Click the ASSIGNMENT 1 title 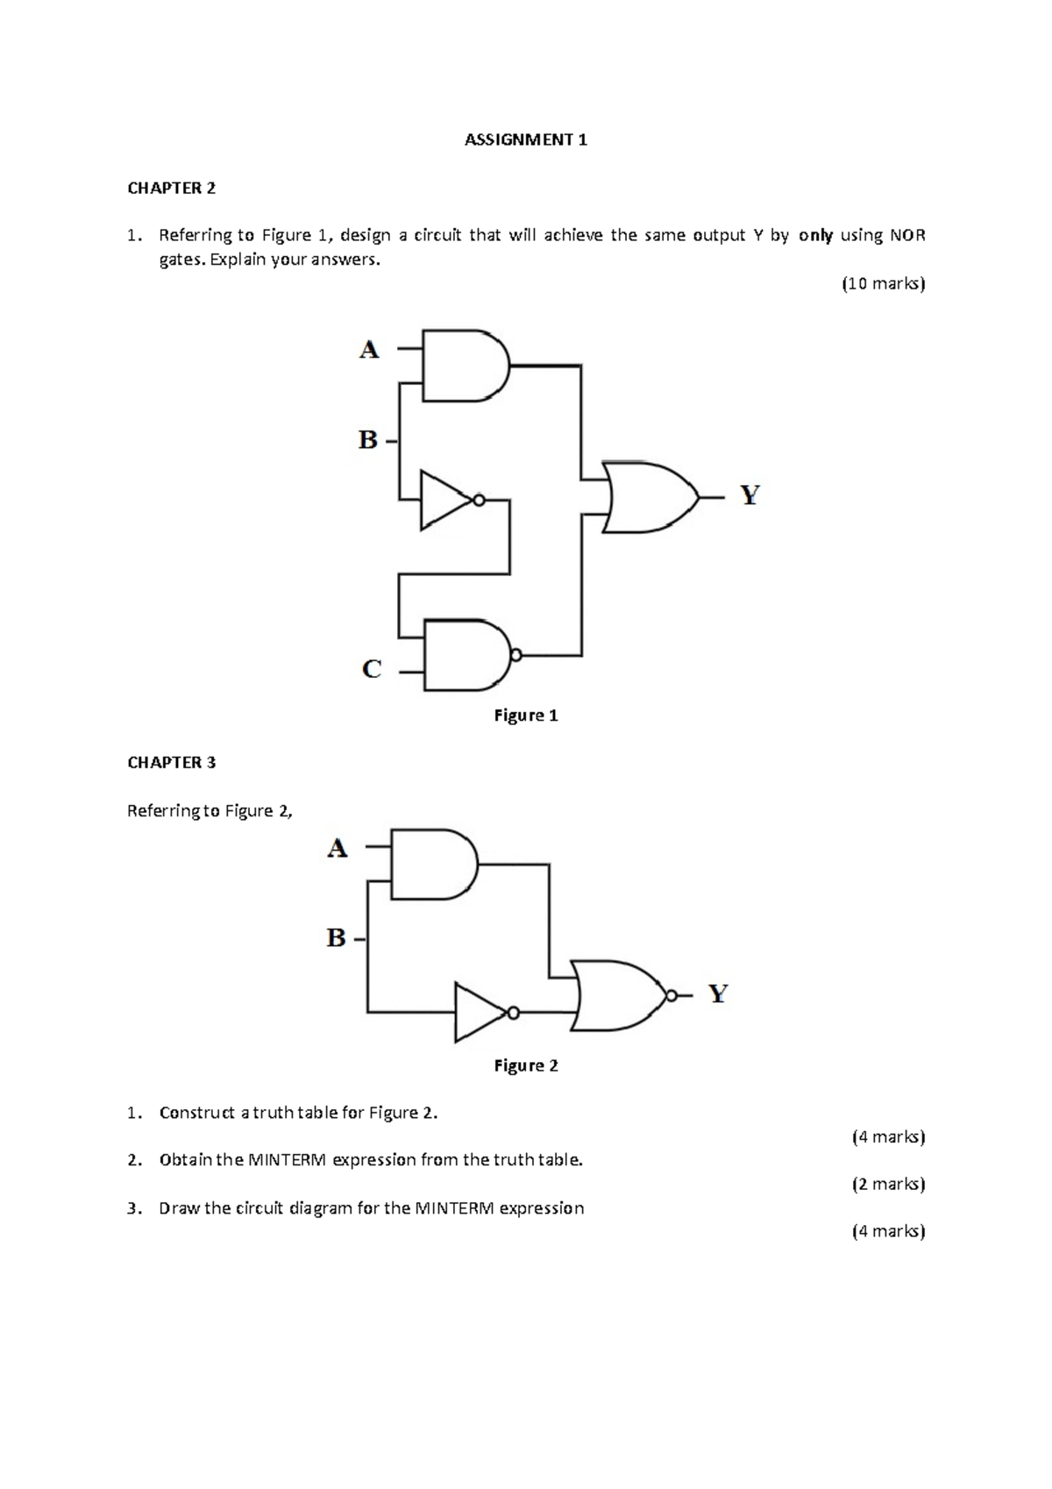525,139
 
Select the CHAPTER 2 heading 171,188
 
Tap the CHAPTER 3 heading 171,762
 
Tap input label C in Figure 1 372,670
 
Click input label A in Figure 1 369,350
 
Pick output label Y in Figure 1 750,496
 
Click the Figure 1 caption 526,716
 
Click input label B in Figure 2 337,938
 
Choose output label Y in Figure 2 718,994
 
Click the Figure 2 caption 526,1065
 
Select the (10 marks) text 883,283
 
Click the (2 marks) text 888,1184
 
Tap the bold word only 815,235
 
